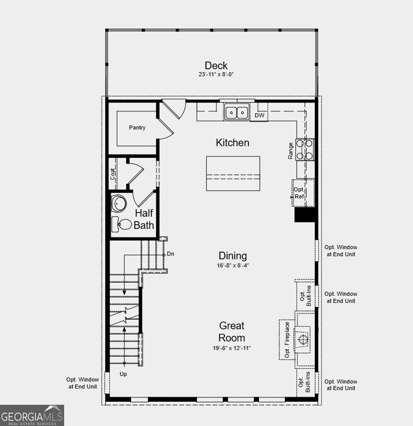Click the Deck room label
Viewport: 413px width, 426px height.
[216, 65]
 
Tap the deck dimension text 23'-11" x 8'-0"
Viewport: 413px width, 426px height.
[216, 75]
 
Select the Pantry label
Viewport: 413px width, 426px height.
[137, 128]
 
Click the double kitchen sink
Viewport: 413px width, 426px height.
[236, 112]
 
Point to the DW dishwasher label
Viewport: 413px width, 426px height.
[260, 116]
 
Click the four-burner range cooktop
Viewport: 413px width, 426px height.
[305, 149]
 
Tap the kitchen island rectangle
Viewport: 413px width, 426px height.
[233, 173]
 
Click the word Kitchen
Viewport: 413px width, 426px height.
[232, 143]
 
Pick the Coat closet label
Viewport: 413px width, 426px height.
[113, 174]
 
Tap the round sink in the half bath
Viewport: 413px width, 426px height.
[119, 204]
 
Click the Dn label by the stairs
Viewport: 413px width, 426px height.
[170, 254]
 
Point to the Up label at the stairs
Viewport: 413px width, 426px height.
[123, 374]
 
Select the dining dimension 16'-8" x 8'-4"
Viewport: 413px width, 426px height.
[232, 266]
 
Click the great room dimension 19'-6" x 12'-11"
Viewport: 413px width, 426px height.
[232, 347]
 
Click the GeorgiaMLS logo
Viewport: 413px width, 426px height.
[32, 415]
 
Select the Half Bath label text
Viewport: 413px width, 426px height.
[144, 219]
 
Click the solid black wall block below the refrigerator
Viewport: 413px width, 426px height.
[305, 214]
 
